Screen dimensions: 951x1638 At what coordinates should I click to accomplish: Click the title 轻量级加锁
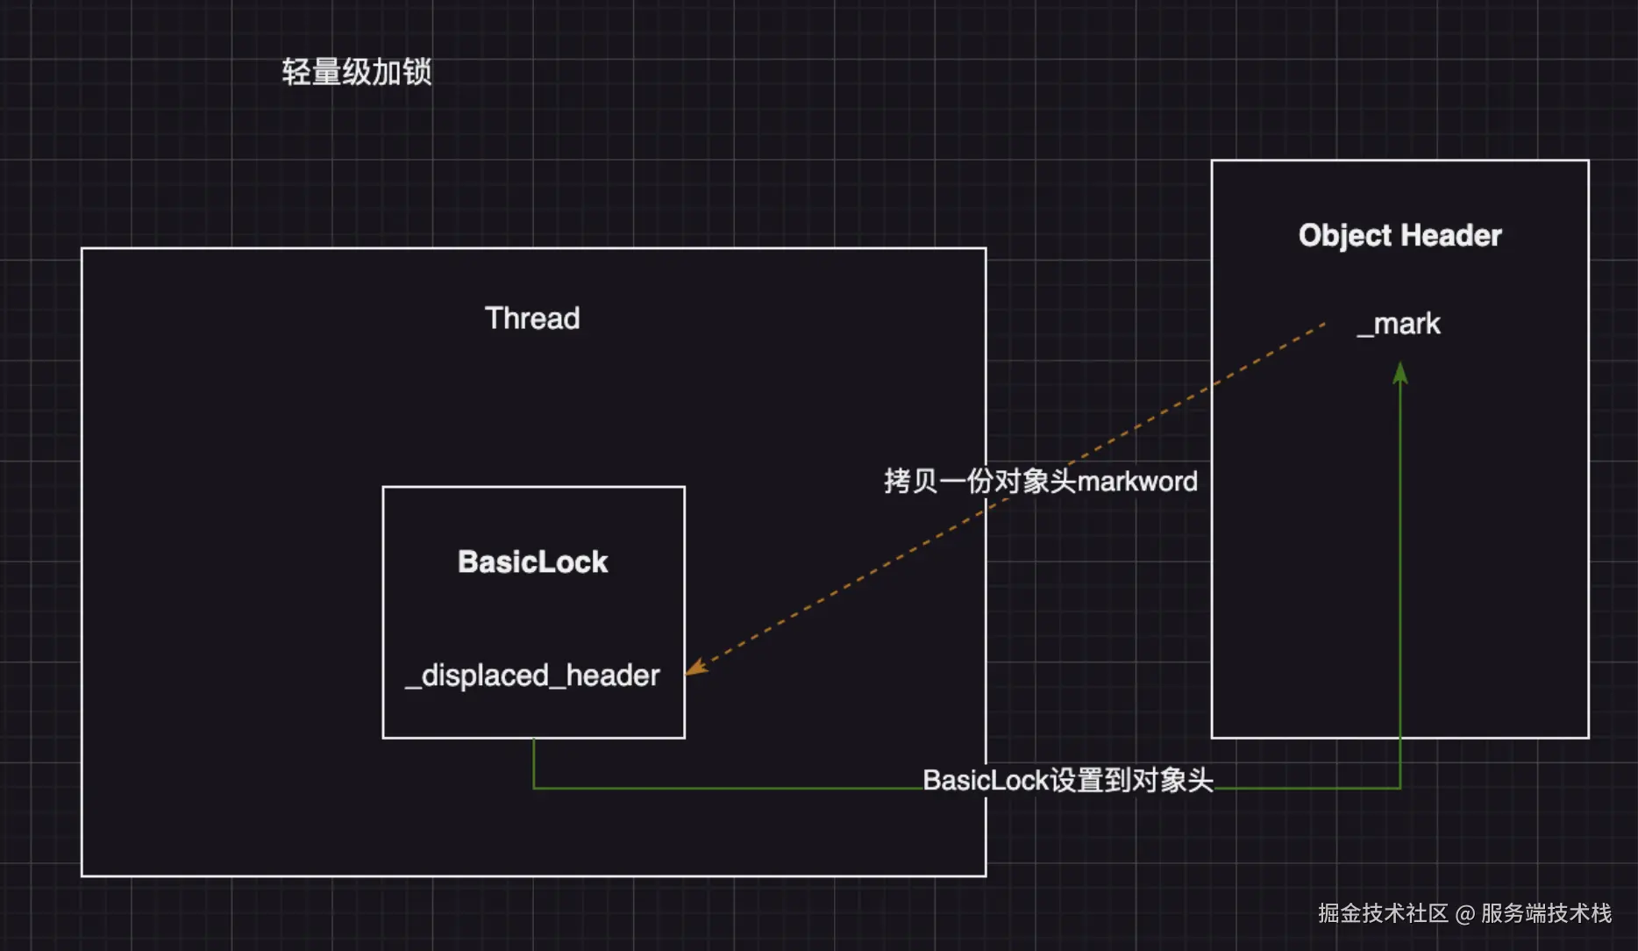point(356,72)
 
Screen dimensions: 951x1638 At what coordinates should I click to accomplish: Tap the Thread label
point(532,318)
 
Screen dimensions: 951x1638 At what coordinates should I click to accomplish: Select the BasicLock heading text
point(532,561)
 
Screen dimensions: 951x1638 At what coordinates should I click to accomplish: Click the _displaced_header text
point(532,676)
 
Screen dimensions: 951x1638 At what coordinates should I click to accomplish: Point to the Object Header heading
point(1399,235)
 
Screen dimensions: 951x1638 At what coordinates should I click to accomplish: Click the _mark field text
point(1399,324)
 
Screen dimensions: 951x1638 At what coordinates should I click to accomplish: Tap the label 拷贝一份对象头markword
point(1040,481)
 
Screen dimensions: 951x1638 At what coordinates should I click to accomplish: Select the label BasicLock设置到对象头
point(1067,780)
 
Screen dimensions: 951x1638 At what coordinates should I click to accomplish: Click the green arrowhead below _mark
point(1400,374)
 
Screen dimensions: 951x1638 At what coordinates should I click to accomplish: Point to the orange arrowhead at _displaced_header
point(694,669)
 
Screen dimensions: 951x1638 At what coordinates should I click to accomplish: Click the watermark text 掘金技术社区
point(1383,913)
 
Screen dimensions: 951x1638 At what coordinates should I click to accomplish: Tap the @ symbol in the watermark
point(1464,914)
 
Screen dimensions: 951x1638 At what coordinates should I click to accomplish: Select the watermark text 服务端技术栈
point(1546,913)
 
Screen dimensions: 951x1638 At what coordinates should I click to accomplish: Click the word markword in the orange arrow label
point(1136,481)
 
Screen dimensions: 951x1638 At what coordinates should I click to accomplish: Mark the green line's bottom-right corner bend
point(1400,788)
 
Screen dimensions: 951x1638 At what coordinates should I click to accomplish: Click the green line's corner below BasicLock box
point(534,788)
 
